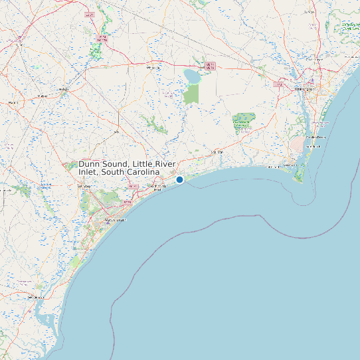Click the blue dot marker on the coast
(x=179, y=179)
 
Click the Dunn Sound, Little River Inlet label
(x=120, y=167)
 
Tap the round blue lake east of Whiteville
(x=192, y=76)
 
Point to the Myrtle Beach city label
(x=116, y=219)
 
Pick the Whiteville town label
(x=154, y=68)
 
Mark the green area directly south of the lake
(x=191, y=94)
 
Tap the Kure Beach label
(x=312, y=145)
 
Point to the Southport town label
(x=290, y=165)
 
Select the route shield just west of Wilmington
(x=279, y=84)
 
